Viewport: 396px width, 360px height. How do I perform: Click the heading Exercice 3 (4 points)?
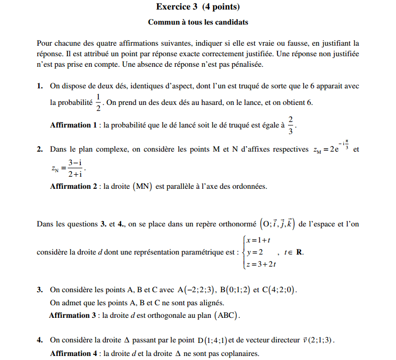[x=198, y=7]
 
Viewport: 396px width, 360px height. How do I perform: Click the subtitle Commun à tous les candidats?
[x=198, y=22]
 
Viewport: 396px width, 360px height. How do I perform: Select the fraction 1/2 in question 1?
[x=98, y=102]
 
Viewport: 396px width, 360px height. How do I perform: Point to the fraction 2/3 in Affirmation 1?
[x=291, y=125]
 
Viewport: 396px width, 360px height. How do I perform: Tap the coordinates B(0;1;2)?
[x=234, y=290]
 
